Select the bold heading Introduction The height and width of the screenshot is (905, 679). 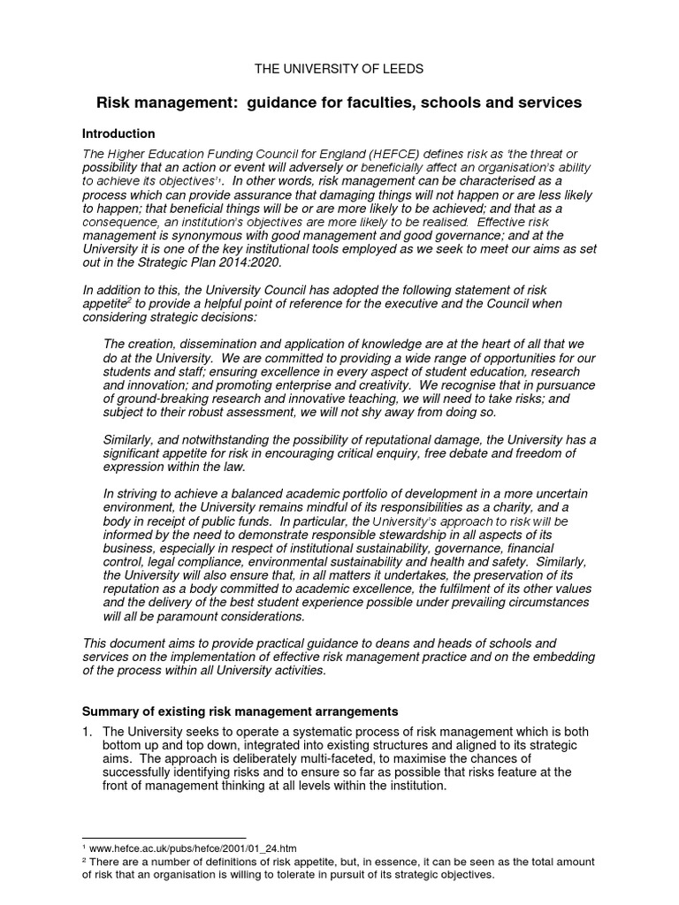[x=118, y=133]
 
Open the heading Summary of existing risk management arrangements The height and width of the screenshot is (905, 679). [x=240, y=711]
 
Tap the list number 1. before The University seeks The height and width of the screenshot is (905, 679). [x=88, y=732]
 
